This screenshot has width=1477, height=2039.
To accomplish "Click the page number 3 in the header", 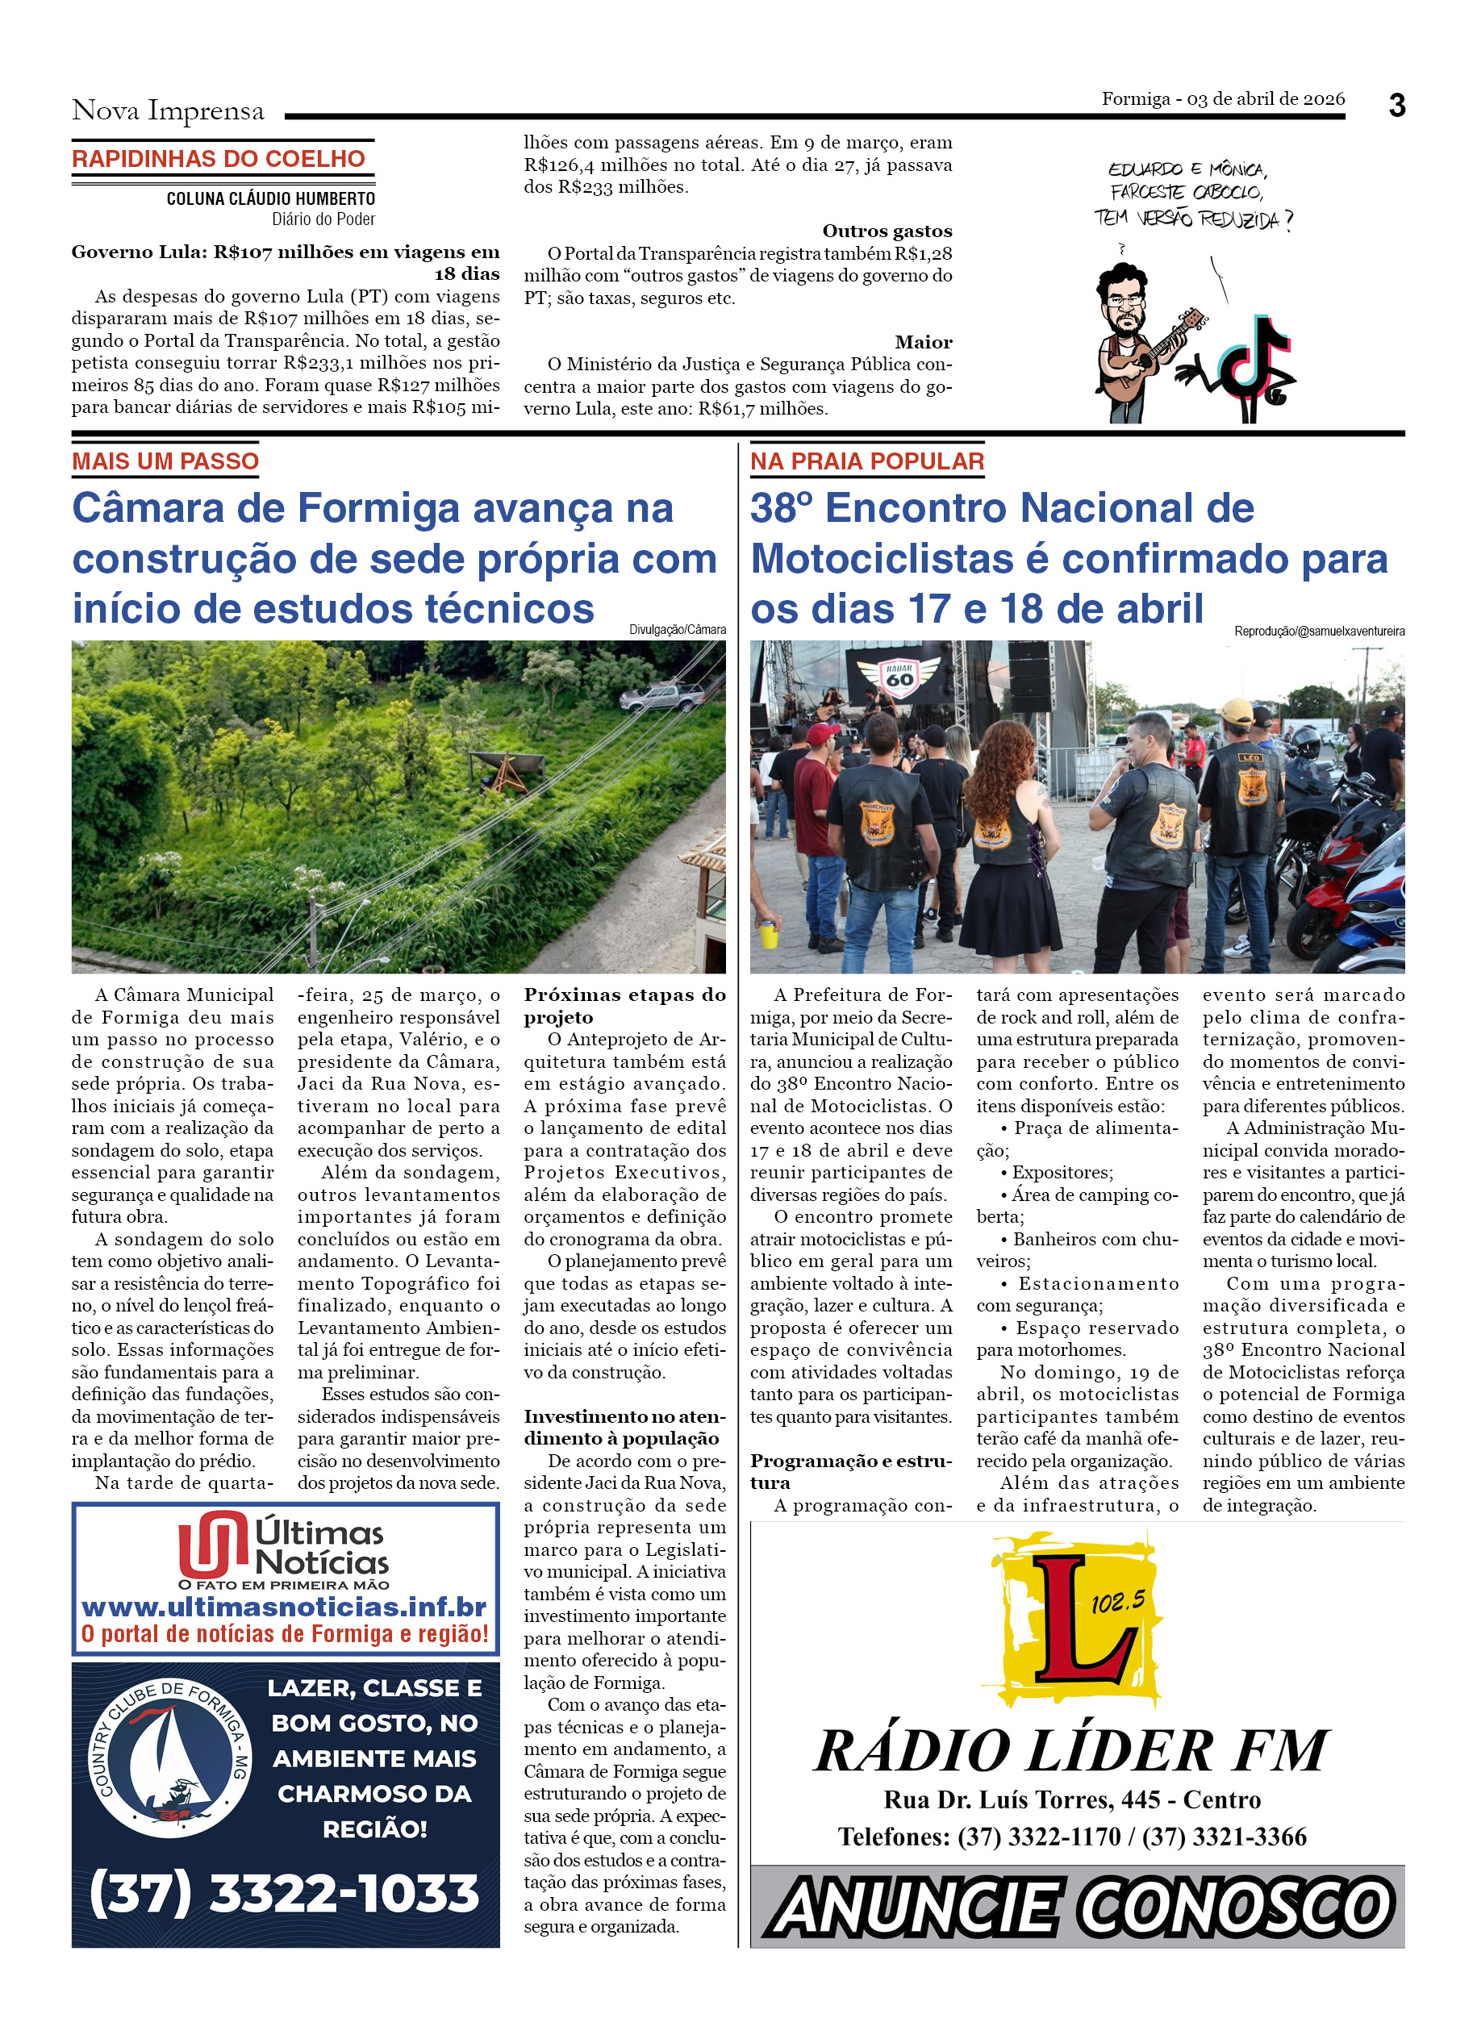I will (x=1396, y=106).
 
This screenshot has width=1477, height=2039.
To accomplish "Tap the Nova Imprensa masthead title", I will (x=168, y=110).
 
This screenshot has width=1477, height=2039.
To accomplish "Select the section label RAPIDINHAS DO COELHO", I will (x=219, y=159).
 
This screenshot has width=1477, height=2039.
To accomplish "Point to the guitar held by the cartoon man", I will (x=1150, y=355).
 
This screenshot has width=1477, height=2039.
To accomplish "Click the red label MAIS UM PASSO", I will (x=165, y=461).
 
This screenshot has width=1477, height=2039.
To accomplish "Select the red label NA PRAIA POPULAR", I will (x=866, y=461).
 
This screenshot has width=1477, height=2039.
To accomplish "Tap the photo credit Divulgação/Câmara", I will (x=677, y=630).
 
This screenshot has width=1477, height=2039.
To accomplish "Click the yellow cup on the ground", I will (x=768, y=934).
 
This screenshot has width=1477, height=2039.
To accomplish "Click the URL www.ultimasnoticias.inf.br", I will (x=284, y=1607).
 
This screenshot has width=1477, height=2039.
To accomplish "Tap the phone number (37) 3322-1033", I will (x=284, y=1891).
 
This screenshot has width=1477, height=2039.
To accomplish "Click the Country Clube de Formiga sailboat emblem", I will (x=170, y=1758).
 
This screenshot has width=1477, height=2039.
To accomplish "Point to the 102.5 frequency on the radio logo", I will (x=1117, y=1601).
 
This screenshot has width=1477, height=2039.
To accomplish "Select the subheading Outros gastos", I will (x=887, y=231).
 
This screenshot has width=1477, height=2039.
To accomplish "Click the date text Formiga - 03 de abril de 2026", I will (x=1223, y=99).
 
